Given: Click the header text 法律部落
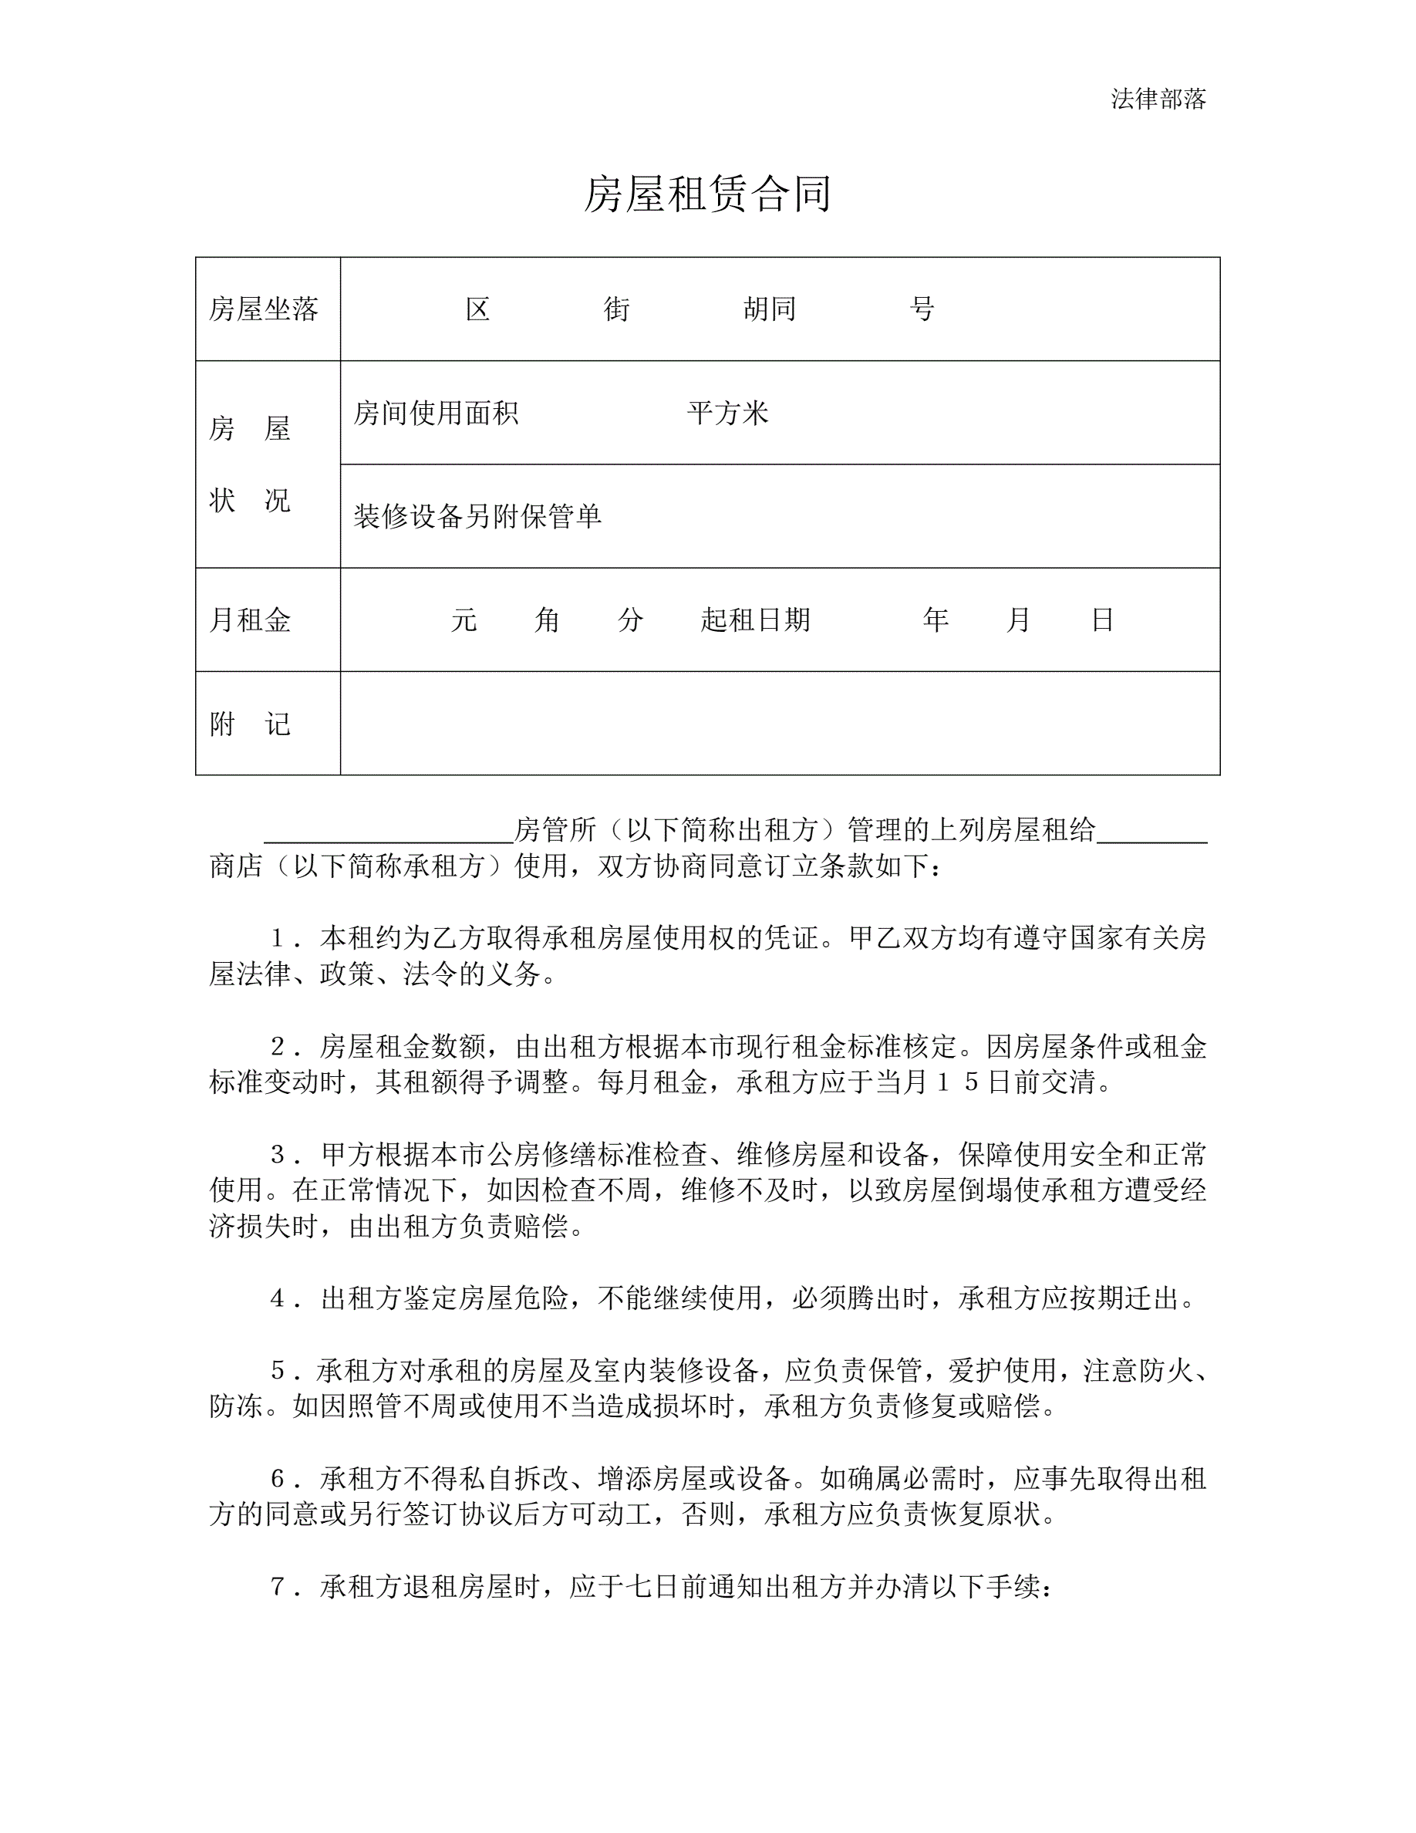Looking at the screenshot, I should pos(1158,99).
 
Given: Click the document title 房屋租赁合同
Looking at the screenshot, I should pos(707,194).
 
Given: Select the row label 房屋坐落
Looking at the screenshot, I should pos(264,309).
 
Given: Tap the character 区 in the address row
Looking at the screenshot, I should pos(477,309).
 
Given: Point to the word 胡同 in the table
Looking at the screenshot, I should pos(769,309).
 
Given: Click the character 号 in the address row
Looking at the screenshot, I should pos(922,309).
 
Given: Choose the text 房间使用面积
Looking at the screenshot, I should pos(436,413).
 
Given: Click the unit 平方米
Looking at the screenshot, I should pos(727,413).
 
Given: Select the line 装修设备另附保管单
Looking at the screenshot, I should pos(477,516).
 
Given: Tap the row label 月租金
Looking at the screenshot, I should pos(250,620).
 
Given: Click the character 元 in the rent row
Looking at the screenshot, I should pos(464,620).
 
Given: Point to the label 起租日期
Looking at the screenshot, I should pos(755,620).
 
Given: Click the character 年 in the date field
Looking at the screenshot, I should pos(936,620).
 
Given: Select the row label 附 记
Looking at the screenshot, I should pos(250,724).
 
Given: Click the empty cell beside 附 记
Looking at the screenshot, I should pos(779,724).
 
